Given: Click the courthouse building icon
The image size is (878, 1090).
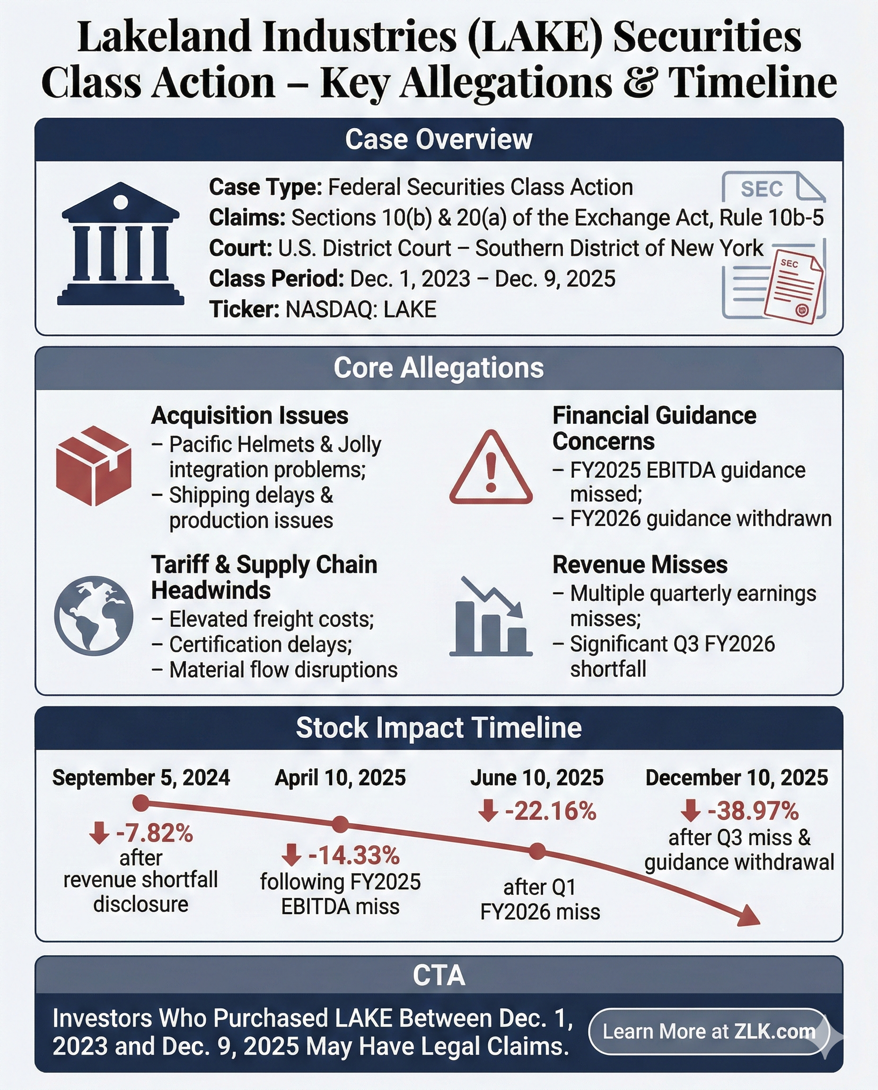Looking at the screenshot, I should [120, 244].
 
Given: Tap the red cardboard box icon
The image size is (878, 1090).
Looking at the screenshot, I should [94, 466].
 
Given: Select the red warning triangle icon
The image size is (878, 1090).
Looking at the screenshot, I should [491, 468].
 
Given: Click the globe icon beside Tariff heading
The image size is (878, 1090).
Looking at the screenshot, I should [94, 615].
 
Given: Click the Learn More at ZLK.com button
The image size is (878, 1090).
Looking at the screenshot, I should [709, 1031].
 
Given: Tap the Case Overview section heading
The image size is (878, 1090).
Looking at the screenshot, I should [439, 139].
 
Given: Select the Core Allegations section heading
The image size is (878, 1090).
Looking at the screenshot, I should [439, 368].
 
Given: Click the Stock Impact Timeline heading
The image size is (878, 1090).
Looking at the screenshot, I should [439, 727].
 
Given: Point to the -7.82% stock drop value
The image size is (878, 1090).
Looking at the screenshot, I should [154, 833].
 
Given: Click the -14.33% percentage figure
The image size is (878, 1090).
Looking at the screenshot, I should [353, 855].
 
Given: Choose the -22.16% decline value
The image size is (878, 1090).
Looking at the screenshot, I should [550, 811].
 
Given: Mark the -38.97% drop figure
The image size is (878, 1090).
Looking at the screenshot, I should [753, 811].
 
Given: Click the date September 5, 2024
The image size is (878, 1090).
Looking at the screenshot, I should [141, 777].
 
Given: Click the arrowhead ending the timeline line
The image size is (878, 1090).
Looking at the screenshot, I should [748, 915].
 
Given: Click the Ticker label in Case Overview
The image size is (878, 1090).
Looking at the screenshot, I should [244, 309].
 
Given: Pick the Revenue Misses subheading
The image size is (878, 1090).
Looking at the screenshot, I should [640, 564].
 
